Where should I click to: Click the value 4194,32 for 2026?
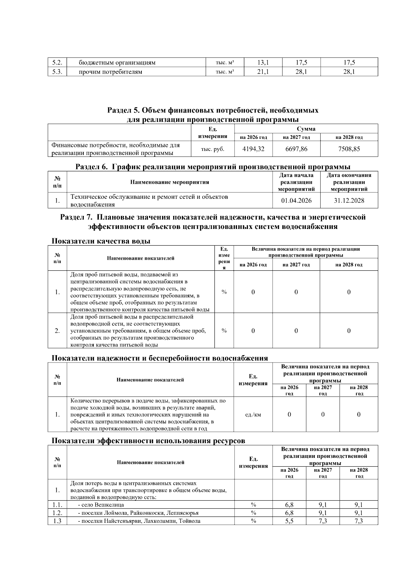coord(253,149)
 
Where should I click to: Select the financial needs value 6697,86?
coord(296,149)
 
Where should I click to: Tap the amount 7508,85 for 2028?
coord(349,149)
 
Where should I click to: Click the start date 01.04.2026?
coord(296,200)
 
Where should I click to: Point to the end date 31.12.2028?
coord(349,200)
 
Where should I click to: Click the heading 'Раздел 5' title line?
coord(213,110)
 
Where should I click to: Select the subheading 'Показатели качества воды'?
coord(101,241)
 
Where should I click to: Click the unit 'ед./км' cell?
coord(253,415)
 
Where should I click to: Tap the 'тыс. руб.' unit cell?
coord(212,149)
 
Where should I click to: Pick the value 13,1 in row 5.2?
coord(263,62)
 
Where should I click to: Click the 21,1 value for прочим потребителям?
coord(263,72)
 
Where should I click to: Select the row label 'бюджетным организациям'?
coord(117,63)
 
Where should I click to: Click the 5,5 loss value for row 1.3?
coord(289,521)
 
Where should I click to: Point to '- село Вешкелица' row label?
coord(101,505)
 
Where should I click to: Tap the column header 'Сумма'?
coord(306,129)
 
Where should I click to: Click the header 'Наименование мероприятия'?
coord(170,182)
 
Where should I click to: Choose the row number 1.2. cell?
coord(57,513)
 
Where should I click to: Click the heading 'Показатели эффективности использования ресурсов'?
coord(148,441)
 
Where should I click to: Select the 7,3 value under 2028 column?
coord(358,521)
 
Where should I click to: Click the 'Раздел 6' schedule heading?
coord(213,167)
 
